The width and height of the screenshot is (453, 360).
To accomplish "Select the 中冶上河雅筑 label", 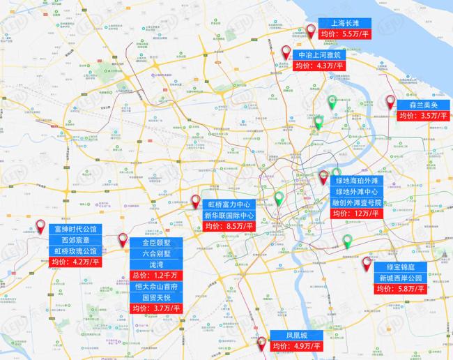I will tap(320, 54).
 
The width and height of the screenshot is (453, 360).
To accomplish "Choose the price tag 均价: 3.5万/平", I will tap(423, 116).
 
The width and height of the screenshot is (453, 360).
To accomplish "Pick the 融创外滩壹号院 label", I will tap(357, 202).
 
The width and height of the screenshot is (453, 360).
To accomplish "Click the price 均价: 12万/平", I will tap(357, 213).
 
